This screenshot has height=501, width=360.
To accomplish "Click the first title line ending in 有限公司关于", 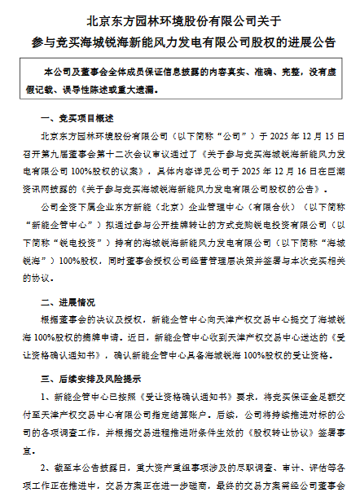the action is pyautogui.click(x=180, y=18).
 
